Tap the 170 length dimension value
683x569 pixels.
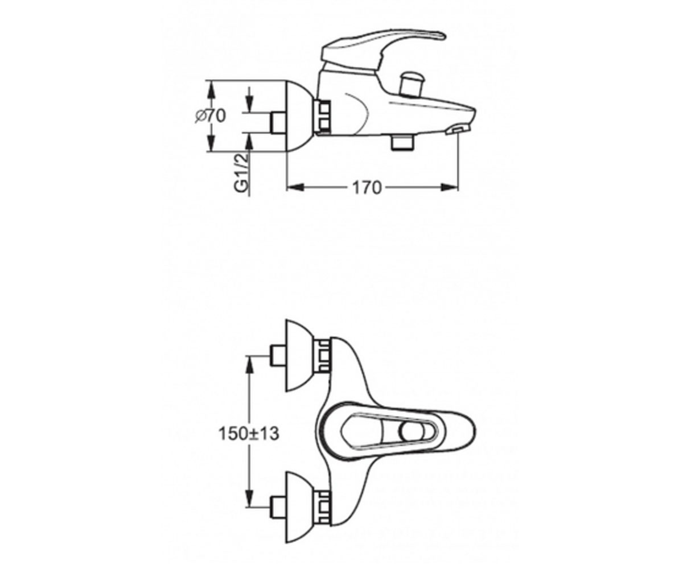[x=367, y=188]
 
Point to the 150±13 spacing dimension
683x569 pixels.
[x=249, y=434]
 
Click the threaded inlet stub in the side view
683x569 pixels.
[x=278, y=123]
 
